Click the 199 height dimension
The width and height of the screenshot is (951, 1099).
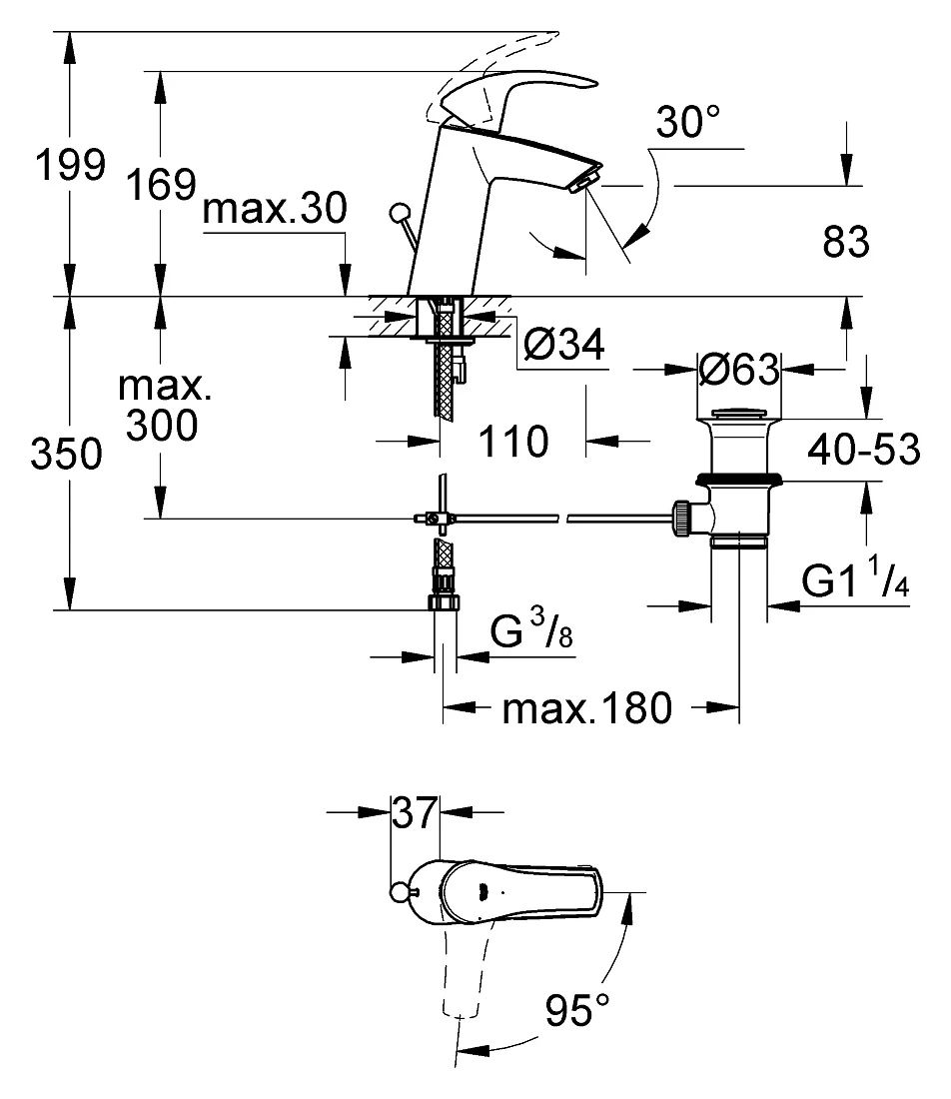coord(70,166)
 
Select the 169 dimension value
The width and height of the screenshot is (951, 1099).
coord(161,185)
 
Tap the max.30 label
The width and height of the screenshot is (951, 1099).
coord(275,208)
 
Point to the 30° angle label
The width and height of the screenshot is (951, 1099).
coord(688,122)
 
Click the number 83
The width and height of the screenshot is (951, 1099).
coord(846,242)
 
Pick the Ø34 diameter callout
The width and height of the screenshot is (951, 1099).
coord(564,344)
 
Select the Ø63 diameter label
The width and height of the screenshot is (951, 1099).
coord(739,369)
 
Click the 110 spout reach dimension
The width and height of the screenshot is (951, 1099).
coord(513,442)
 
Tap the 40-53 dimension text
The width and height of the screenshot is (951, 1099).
coord(863,450)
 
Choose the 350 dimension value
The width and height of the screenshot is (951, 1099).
coord(67,454)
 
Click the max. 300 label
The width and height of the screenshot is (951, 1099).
coord(164,405)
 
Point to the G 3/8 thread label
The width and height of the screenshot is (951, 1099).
coord(531,628)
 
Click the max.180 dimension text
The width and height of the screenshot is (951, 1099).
coord(587,708)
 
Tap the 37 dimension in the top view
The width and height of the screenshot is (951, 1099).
coord(415,812)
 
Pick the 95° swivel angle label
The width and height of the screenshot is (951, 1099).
coord(577,1011)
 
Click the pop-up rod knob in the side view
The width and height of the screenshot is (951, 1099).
coord(401,213)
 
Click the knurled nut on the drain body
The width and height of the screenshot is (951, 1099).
coord(682,519)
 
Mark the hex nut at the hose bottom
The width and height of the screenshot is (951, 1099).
coord(443,602)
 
